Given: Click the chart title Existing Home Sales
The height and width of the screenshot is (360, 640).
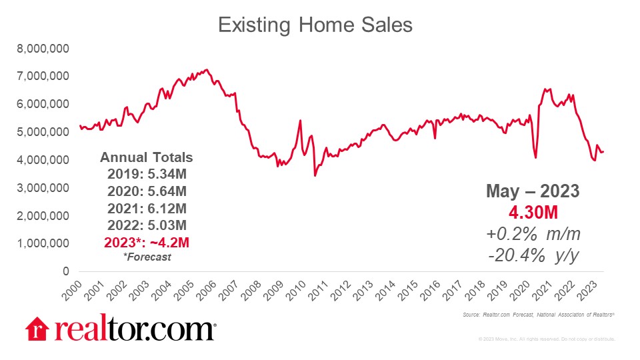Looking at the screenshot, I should [x=315, y=25].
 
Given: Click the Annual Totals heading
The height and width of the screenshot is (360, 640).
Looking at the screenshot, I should [x=146, y=158].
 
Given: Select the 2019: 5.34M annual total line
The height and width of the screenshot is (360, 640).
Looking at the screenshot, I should [x=146, y=175].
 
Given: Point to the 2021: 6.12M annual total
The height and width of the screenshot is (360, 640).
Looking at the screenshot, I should [x=146, y=207].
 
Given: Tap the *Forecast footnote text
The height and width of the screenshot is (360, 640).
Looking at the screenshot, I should [x=146, y=256].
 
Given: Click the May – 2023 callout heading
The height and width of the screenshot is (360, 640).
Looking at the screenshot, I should [x=533, y=192].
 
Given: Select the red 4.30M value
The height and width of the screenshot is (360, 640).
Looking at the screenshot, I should [x=533, y=213].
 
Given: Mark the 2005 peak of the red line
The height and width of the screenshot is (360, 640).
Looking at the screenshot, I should [x=207, y=69].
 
